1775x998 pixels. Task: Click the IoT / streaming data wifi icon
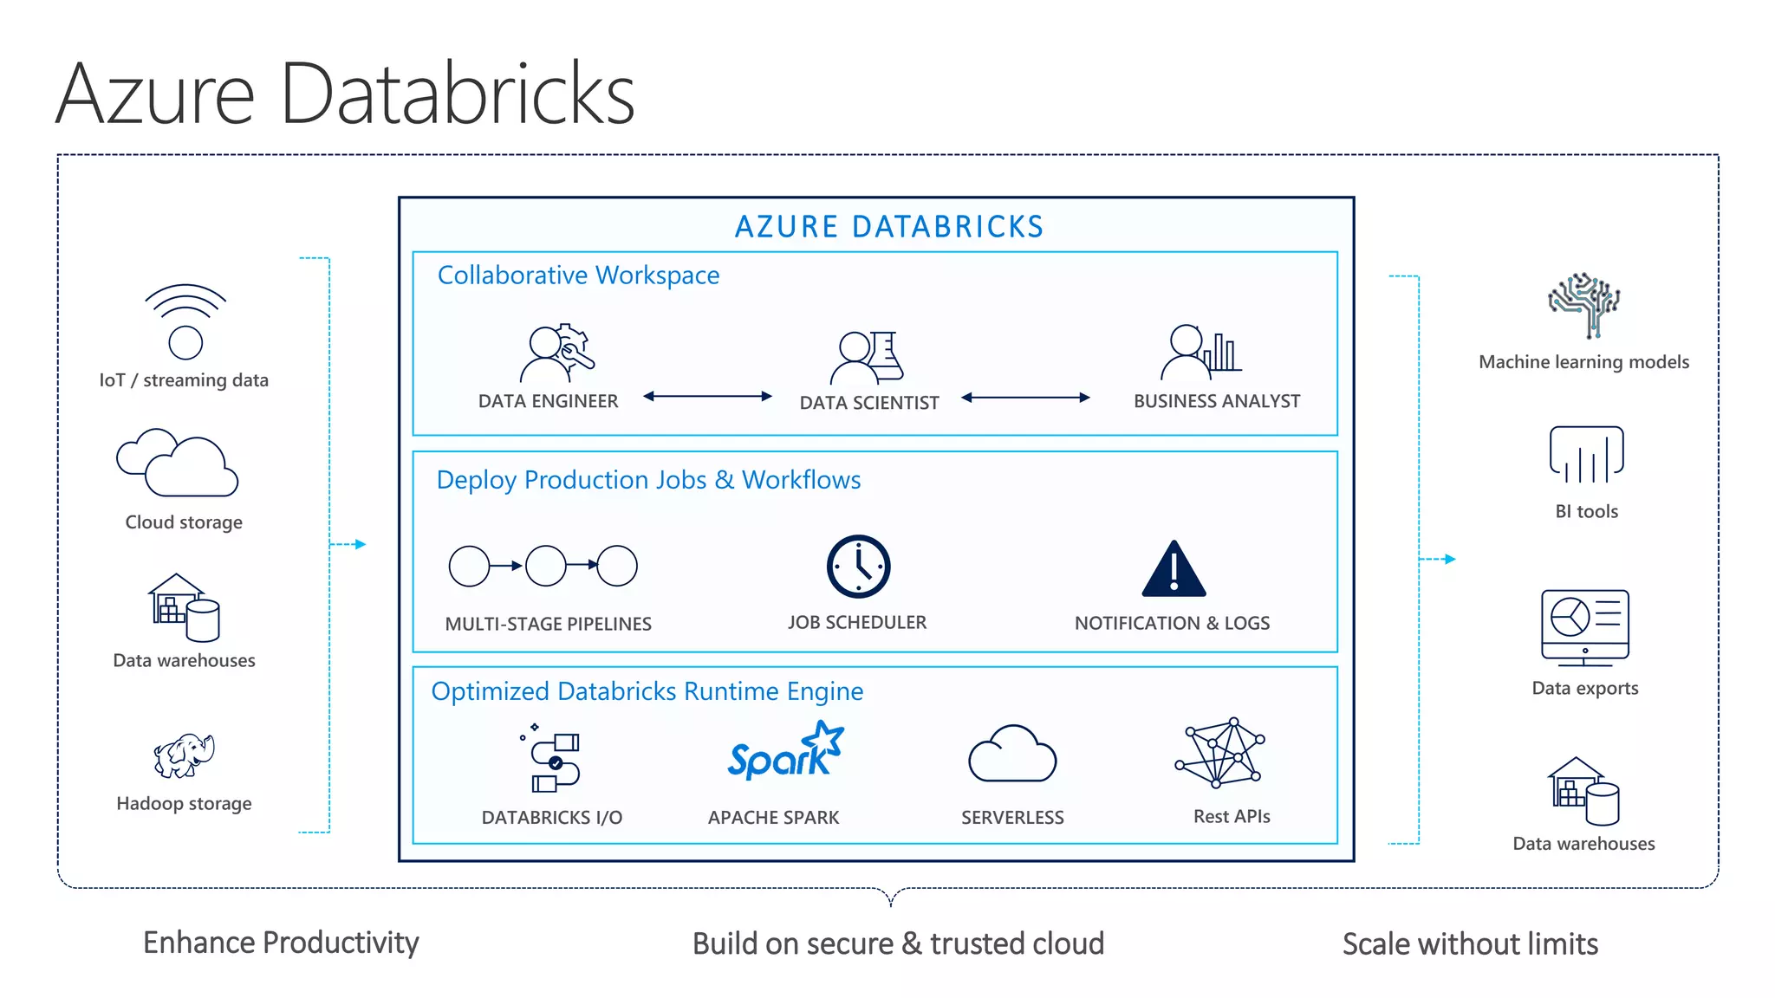coord(185,321)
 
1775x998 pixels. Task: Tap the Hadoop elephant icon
coord(184,755)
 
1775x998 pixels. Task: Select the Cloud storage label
coord(184,522)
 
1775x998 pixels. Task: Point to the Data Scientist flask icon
coord(885,355)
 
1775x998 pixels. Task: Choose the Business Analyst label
coord(1216,401)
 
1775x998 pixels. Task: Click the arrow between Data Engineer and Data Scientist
coord(707,397)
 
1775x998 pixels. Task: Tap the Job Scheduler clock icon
coord(858,567)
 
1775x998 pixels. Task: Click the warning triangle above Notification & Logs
coord(1174,571)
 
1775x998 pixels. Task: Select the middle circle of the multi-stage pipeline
coord(546,566)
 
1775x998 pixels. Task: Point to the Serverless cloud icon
coord(1011,755)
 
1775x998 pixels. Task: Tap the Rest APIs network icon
coord(1220,752)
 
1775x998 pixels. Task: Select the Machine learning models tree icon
coord(1584,305)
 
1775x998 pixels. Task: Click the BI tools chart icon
coord(1586,455)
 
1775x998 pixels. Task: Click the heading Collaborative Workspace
coord(578,275)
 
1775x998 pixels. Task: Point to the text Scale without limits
coord(1470,944)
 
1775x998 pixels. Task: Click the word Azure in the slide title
coord(156,94)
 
